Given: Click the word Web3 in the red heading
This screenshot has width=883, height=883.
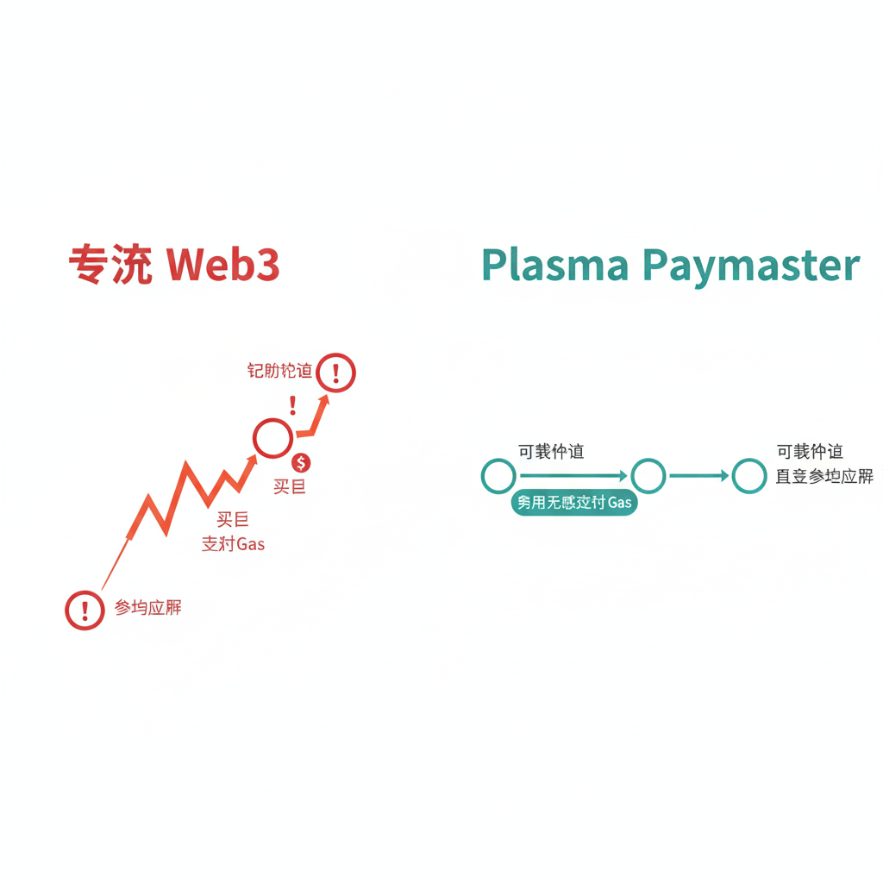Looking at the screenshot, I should (x=222, y=266).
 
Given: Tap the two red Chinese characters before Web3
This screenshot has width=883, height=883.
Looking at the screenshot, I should (x=111, y=266).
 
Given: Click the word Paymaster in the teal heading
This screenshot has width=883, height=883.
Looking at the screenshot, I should (x=752, y=266).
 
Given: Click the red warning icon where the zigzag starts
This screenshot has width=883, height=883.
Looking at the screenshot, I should (x=85, y=611).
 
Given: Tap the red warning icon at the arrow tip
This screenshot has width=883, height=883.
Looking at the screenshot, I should (x=335, y=373).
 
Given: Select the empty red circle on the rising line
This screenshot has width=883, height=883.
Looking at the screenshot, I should (x=272, y=438).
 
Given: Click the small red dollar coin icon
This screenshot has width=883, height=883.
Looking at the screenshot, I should (x=301, y=463).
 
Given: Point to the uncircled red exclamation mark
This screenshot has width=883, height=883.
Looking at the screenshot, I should (x=293, y=405).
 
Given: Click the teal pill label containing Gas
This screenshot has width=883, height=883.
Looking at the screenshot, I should (x=573, y=503).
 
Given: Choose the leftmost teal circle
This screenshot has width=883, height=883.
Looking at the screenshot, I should (x=498, y=476).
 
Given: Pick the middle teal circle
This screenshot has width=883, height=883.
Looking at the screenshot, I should (x=648, y=476).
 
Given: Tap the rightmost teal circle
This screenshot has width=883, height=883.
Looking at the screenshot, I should (x=748, y=476).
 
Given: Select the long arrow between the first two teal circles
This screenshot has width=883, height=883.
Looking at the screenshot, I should (x=573, y=476).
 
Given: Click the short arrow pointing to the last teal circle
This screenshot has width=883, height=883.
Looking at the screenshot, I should (x=698, y=476).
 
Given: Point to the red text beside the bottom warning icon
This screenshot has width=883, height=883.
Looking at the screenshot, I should (x=148, y=608).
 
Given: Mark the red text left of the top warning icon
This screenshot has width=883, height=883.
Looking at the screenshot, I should (x=279, y=372).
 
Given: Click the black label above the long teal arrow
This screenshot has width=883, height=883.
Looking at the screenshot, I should (x=550, y=452).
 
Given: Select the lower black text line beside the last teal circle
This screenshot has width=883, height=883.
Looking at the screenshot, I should (x=824, y=477).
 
